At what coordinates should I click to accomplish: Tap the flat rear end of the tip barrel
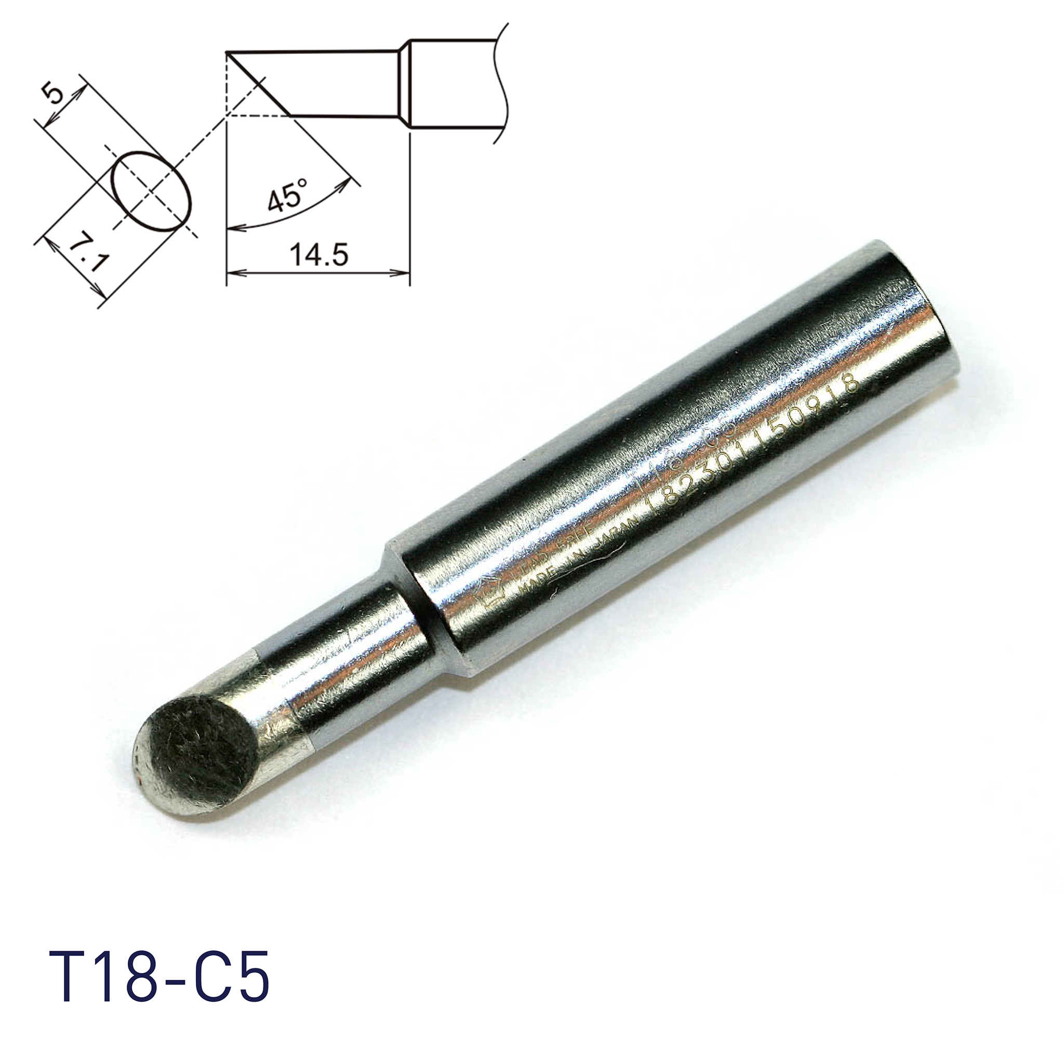click(x=914, y=309)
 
